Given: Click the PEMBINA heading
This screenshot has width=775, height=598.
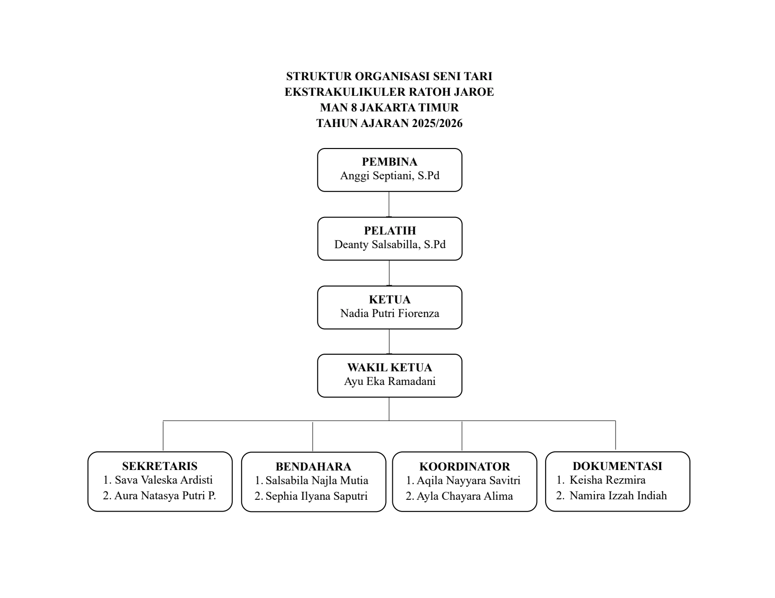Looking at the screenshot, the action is pyautogui.click(x=389, y=162).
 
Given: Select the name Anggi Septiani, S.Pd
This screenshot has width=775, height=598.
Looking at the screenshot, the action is pyautogui.click(x=389, y=176).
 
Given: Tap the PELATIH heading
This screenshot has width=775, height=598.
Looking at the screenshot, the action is pyautogui.click(x=390, y=231).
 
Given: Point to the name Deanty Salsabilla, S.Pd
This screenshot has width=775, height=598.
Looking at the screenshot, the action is pyautogui.click(x=390, y=245).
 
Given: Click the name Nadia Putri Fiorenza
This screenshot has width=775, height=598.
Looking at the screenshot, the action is pyautogui.click(x=389, y=314).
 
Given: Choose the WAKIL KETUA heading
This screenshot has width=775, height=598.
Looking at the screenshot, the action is pyautogui.click(x=389, y=367).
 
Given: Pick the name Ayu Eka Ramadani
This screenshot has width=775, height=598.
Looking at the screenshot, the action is pyautogui.click(x=389, y=382).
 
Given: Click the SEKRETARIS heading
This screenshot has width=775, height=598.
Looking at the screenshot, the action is pyautogui.click(x=160, y=466).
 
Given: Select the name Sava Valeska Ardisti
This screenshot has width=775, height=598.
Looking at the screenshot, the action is pyautogui.click(x=163, y=480).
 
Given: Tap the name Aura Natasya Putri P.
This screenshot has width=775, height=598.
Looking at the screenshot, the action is pyautogui.click(x=165, y=496).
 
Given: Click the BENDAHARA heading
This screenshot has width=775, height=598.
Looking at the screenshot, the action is pyautogui.click(x=314, y=467).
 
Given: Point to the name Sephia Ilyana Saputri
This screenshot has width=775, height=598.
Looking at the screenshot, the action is pyautogui.click(x=317, y=496).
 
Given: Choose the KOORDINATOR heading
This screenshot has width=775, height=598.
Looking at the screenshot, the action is pyautogui.click(x=464, y=467).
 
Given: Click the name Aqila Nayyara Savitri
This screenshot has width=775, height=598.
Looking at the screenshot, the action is pyautogui.click(x=468, y=481).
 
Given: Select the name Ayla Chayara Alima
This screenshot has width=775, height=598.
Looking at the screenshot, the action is pyautogui.click(x=465, y=496).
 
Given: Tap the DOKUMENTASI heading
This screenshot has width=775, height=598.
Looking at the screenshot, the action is pyautogui.click(x=617, y=466).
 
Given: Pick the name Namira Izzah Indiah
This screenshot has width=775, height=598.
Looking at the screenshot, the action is pyautogui.click(x=618, y=496).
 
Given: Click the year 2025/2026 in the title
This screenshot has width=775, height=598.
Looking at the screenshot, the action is pyautogui.click(x=437, y=123).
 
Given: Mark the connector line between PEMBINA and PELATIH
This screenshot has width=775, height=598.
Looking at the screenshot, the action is pyautogui.click(x=389, y=204).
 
